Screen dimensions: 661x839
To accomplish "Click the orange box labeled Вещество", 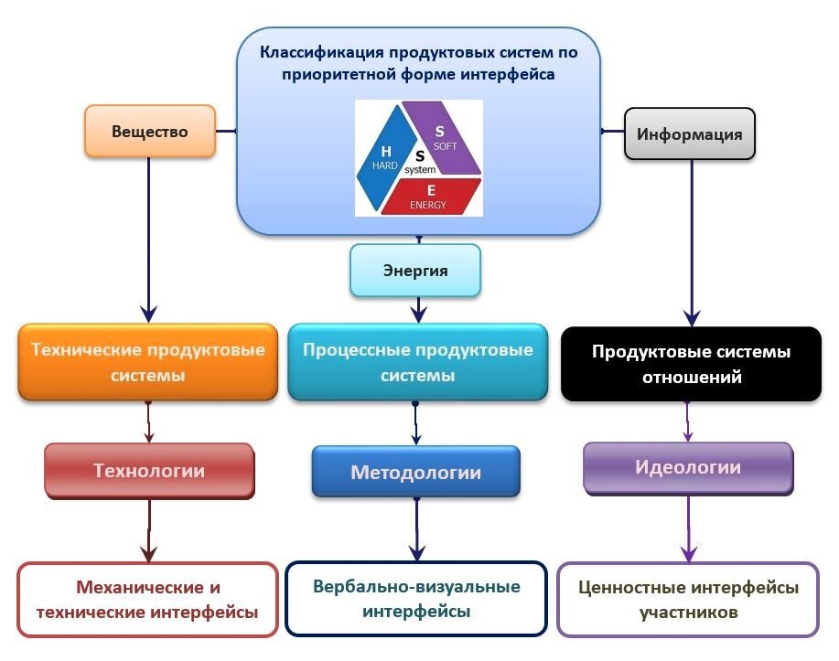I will click(x=150, y=131).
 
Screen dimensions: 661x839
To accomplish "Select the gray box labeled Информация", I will click(x=689, y=134).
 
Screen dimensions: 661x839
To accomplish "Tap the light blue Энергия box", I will click(x=414, y=270).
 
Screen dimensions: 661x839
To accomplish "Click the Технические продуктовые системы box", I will click(x=147, y=362).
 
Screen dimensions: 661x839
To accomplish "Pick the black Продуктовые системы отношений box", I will click(x=691, y=364).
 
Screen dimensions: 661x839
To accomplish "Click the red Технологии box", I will click(x=148, y=471).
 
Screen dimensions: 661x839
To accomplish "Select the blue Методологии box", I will click(x=415, y=472).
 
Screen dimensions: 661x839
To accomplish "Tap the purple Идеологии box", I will click(x=687, y=468).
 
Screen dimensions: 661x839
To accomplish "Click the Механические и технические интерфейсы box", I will click(x=147, y=599).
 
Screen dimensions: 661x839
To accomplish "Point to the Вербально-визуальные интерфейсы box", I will click(x=416, y=598).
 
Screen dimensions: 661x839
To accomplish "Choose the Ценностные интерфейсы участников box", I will click(x=687, y=599).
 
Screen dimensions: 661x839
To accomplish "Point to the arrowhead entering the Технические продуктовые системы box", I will click(x=147, y=313).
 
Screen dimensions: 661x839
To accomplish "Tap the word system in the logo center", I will click(x=420, y=170).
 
